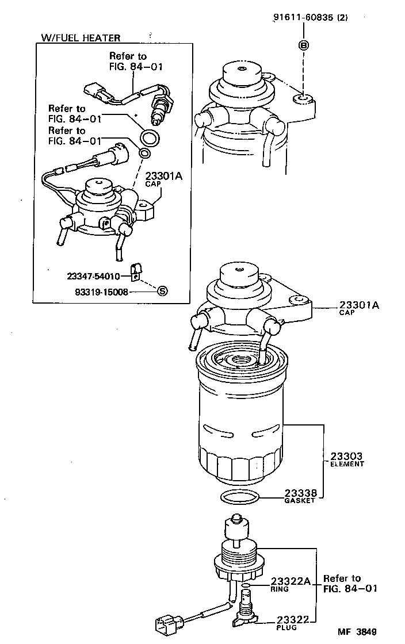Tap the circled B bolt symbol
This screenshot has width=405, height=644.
click(303, 45)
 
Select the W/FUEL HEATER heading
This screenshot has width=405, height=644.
click(81, 38)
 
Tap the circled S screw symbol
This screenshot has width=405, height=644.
click(162, 291)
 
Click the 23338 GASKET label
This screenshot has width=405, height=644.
click(300, 496)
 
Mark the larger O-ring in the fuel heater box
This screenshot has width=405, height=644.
click(151, 138)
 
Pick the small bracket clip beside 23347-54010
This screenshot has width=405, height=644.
click(135, 272)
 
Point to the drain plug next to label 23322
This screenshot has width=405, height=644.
click(247, 612)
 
